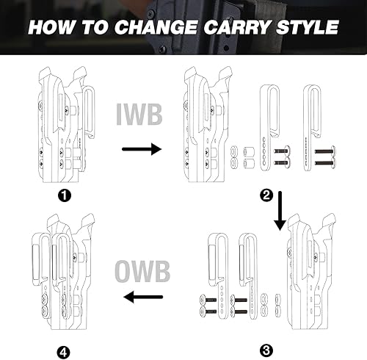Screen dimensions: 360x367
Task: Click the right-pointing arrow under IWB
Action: [x=141, y=149]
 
